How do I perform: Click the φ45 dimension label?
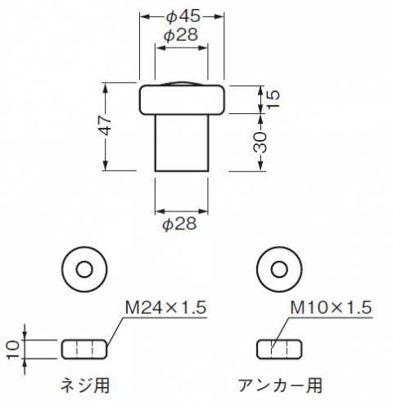[183, 16]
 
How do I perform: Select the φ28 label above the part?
[181, 35]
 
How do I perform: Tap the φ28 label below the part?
[179, 224]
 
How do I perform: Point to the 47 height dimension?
[106, 125]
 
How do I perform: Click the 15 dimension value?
[273, 99]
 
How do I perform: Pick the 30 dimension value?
[260, 142]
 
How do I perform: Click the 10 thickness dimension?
[13, 350]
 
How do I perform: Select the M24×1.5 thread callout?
[165, 307]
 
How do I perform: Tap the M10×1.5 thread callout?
[331, 307]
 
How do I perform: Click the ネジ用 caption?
[85, 385]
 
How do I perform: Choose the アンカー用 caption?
[280, 385]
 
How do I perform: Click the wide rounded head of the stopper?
[182, 100]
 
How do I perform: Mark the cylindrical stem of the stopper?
[182, 143]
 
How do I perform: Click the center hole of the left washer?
[84, 270]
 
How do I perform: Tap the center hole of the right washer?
[279, 270]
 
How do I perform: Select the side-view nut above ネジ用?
[84, 349]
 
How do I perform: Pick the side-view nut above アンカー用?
[279, 349]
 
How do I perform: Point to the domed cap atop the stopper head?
[181, 84]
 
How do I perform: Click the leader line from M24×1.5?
[116, 332]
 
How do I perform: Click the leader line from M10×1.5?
[281, 333]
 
